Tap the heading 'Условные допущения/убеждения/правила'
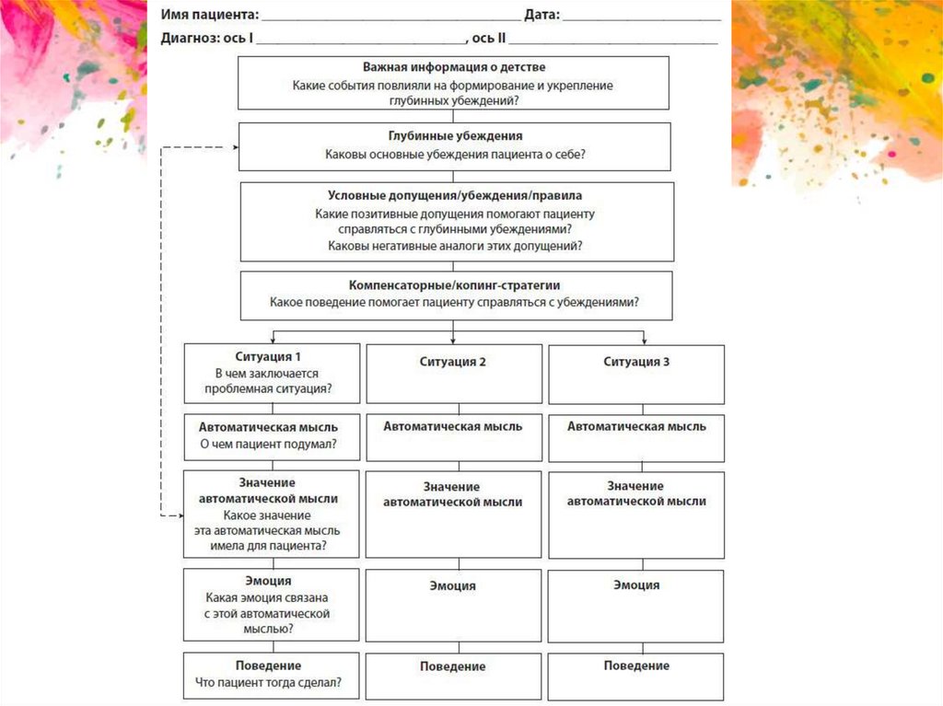coord(455,195)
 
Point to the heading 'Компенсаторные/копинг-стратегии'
coord(455,284)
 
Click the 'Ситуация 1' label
coord(269,355)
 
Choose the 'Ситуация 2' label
coord(452,362)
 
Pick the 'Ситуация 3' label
coord(636,362)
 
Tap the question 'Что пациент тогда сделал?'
coord(269,683)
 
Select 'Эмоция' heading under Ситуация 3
coord(636,584)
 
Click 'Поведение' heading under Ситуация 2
coord(452,666)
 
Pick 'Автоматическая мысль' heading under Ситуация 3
coord(636,426)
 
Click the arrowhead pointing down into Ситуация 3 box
coord(644,341)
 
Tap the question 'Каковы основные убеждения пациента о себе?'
coord(455,155)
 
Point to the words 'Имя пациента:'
coord(209,16)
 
